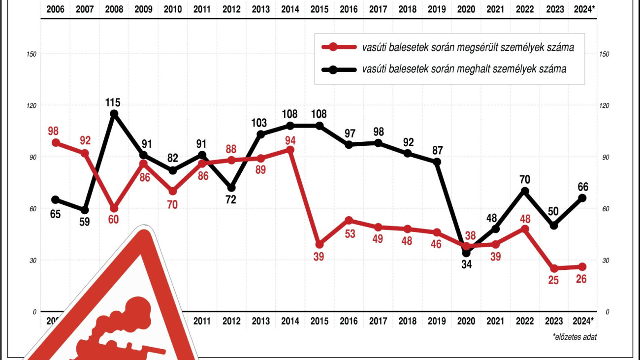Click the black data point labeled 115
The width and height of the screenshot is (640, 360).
114,114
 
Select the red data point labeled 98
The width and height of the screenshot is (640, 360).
56,143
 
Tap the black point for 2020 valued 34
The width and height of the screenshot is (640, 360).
466,253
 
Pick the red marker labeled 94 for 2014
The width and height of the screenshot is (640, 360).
290,150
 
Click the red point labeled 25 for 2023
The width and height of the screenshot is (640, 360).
554,268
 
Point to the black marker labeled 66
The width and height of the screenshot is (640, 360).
582,198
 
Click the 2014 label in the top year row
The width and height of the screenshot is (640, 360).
290,9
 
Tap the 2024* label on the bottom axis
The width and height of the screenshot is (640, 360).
582,321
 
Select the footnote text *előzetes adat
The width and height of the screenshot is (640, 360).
574,337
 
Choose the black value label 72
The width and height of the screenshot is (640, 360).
230,199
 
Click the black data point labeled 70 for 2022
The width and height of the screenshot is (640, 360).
525,191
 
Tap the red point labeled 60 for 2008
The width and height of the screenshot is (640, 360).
114,208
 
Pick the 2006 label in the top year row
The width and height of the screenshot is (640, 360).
55,9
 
